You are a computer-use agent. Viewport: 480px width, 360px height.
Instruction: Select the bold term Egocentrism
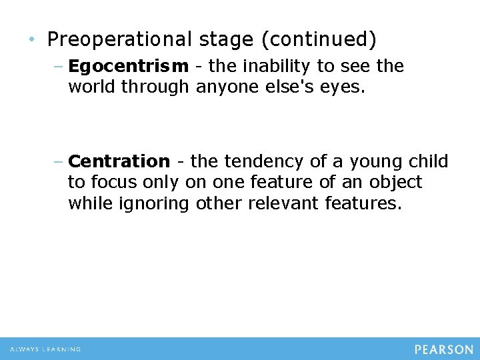128,67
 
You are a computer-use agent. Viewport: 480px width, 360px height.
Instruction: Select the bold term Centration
119,161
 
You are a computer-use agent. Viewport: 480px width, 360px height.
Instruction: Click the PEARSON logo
444,349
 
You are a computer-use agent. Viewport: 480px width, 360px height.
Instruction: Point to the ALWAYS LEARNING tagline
45,349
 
